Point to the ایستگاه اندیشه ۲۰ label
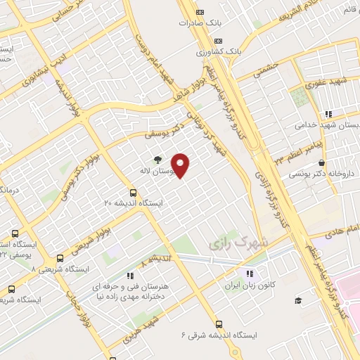click(x=134, y=202)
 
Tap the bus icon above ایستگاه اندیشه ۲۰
click(x=133, y=192)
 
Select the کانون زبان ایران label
click(x=247, y=285)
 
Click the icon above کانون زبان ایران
click(x=248, y=274)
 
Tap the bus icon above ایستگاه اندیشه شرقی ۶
click(x=219, y=324)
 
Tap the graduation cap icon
click(x=298, y=301)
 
